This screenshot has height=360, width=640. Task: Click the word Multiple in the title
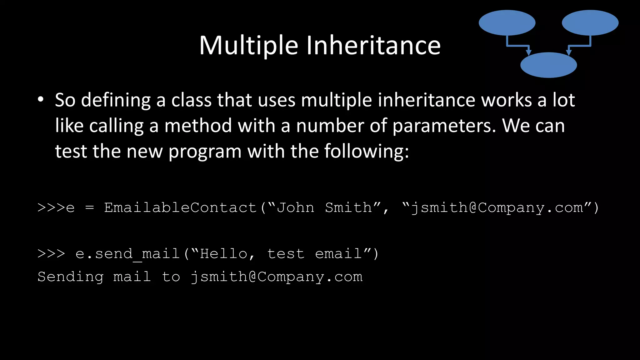pos(249,46)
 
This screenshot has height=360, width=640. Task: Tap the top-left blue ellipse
pos(507,22)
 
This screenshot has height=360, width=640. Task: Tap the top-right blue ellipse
pos(590,22)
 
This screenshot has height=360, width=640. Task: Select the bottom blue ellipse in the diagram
pos(548,65)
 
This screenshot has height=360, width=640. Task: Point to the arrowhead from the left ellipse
pos(528,52)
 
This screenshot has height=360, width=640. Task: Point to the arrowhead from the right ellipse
pos(569,52)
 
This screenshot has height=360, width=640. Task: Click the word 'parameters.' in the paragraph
pos(444,126)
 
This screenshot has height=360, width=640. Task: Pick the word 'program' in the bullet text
pos(205,152)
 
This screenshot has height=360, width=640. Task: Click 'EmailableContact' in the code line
pos(180,208)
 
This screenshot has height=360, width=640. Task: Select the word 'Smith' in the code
pos(348,208)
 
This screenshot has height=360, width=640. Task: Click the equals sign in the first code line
pos(89,208)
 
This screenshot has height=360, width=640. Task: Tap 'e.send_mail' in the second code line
pos(127,254)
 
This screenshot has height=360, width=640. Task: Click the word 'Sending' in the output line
pos(71,277)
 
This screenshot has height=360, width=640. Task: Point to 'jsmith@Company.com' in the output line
pos(277,277)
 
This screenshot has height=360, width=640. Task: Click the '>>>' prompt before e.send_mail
pos(51,254)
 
